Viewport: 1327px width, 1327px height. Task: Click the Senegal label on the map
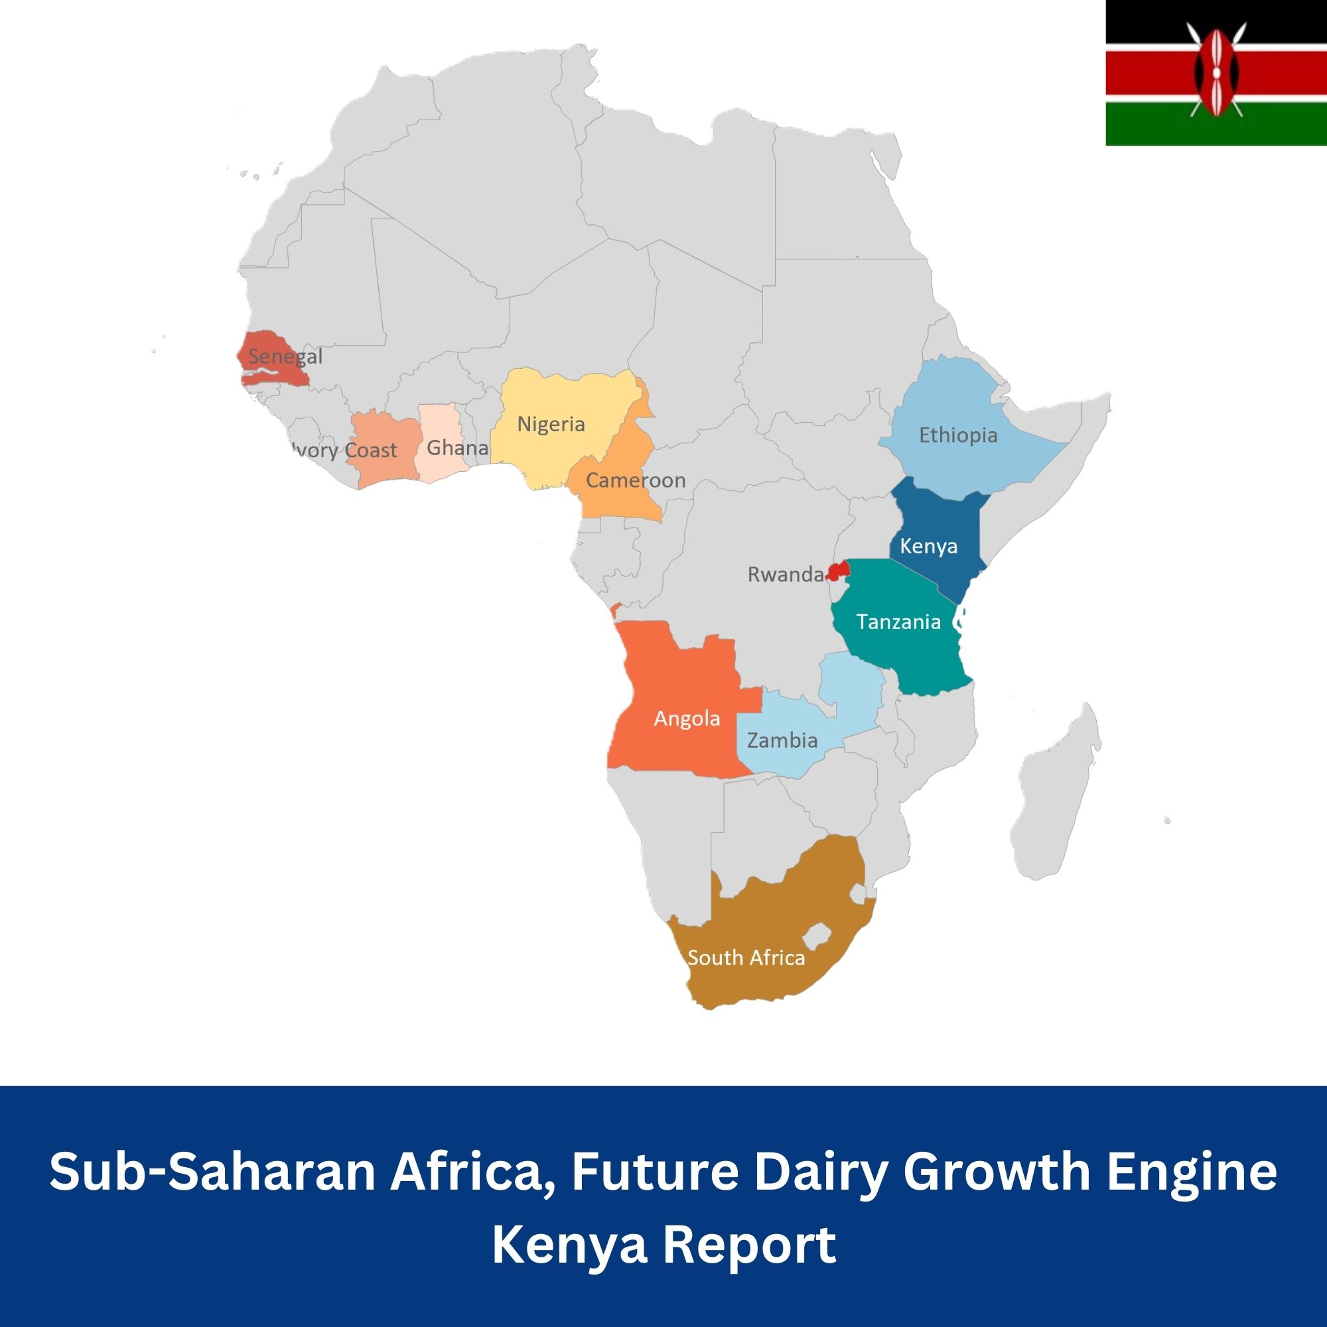(285, 356)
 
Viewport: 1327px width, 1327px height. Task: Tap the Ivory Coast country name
(344, 451)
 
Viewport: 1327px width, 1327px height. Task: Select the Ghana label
(456, 448)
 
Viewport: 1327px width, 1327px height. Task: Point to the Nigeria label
(551, 424)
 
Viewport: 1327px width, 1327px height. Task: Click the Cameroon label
(636, 480)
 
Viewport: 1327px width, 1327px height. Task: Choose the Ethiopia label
(958, 435)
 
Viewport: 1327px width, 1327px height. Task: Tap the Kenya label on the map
(928, 546)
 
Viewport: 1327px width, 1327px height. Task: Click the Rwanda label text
(785, 574)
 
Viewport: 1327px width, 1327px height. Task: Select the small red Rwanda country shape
(839, 571)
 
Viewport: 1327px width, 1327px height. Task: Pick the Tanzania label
(898, 622)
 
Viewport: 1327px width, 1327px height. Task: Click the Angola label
(687, 719)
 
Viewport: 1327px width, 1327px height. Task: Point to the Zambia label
(782, 740)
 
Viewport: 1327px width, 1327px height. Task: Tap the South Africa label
(746, 957)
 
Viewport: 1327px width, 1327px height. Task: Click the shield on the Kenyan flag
(1217, 73)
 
